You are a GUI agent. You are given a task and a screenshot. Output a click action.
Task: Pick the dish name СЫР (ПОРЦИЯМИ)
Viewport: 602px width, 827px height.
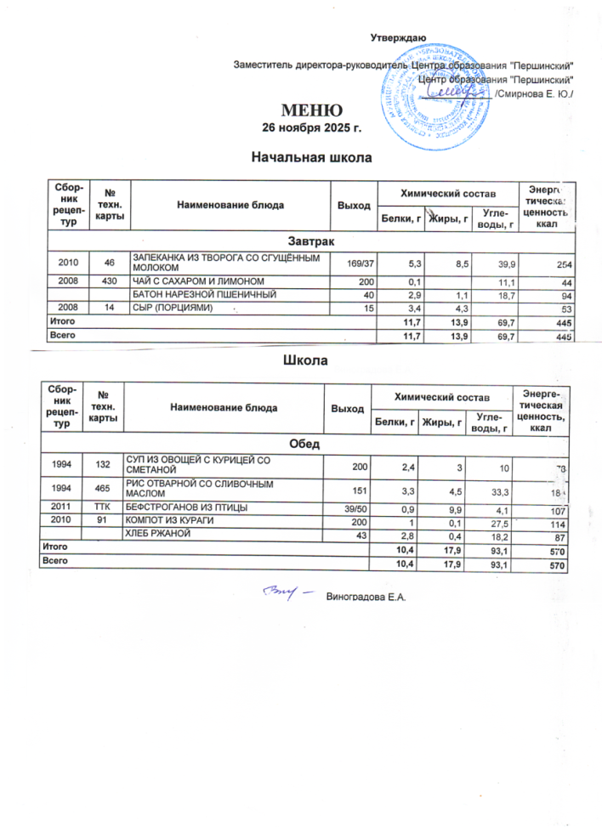coord(170,308)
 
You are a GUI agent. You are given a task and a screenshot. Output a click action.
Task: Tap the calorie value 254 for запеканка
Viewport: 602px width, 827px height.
coord(559,265)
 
